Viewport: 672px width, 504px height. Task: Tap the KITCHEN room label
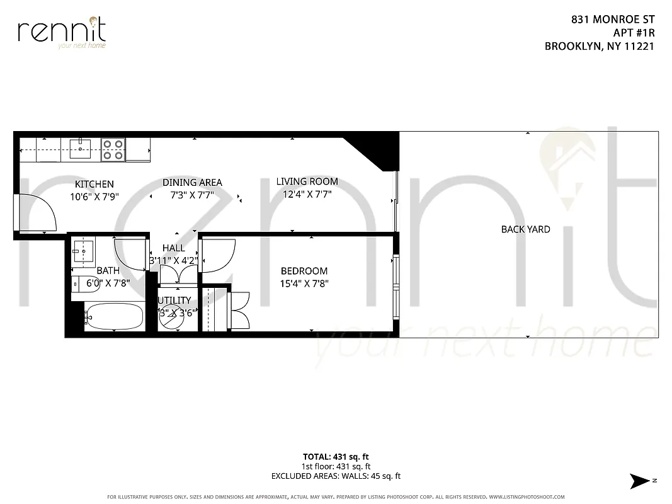(x=94, y=184)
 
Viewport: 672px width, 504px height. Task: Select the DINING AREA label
(x=192, y=183)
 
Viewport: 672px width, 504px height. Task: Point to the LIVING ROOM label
(x=307, y=181)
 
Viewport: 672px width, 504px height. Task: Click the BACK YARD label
(x=525, y=229)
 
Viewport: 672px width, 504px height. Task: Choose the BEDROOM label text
(x=304, y=271)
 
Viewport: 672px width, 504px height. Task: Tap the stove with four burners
(x=113, y=149)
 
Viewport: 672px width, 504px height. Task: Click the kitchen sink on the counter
(x=81, y=149)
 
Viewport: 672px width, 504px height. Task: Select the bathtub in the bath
(x=114, y=316)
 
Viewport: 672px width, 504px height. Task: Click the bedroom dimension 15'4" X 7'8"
(x=304, y=283)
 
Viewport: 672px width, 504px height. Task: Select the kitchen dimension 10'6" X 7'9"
(x=94, y=196)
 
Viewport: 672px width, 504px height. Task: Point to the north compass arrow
(x=641, y=481)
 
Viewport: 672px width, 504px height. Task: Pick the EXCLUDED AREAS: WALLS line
(x=336, y=476)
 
